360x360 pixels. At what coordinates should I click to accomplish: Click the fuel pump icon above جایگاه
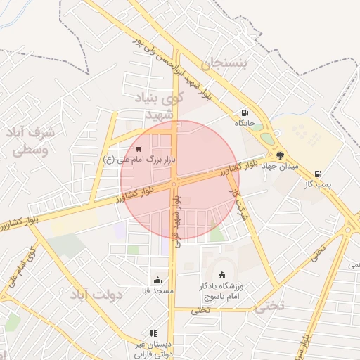[244, 112]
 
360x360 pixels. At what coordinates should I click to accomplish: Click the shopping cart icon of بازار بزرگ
[139, 149]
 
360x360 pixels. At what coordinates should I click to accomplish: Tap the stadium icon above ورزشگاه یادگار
[223, 275]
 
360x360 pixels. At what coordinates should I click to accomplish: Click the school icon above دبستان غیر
[152, 333]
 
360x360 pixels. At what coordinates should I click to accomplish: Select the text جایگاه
[245, 122]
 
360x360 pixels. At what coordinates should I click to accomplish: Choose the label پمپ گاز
[318, 184]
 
